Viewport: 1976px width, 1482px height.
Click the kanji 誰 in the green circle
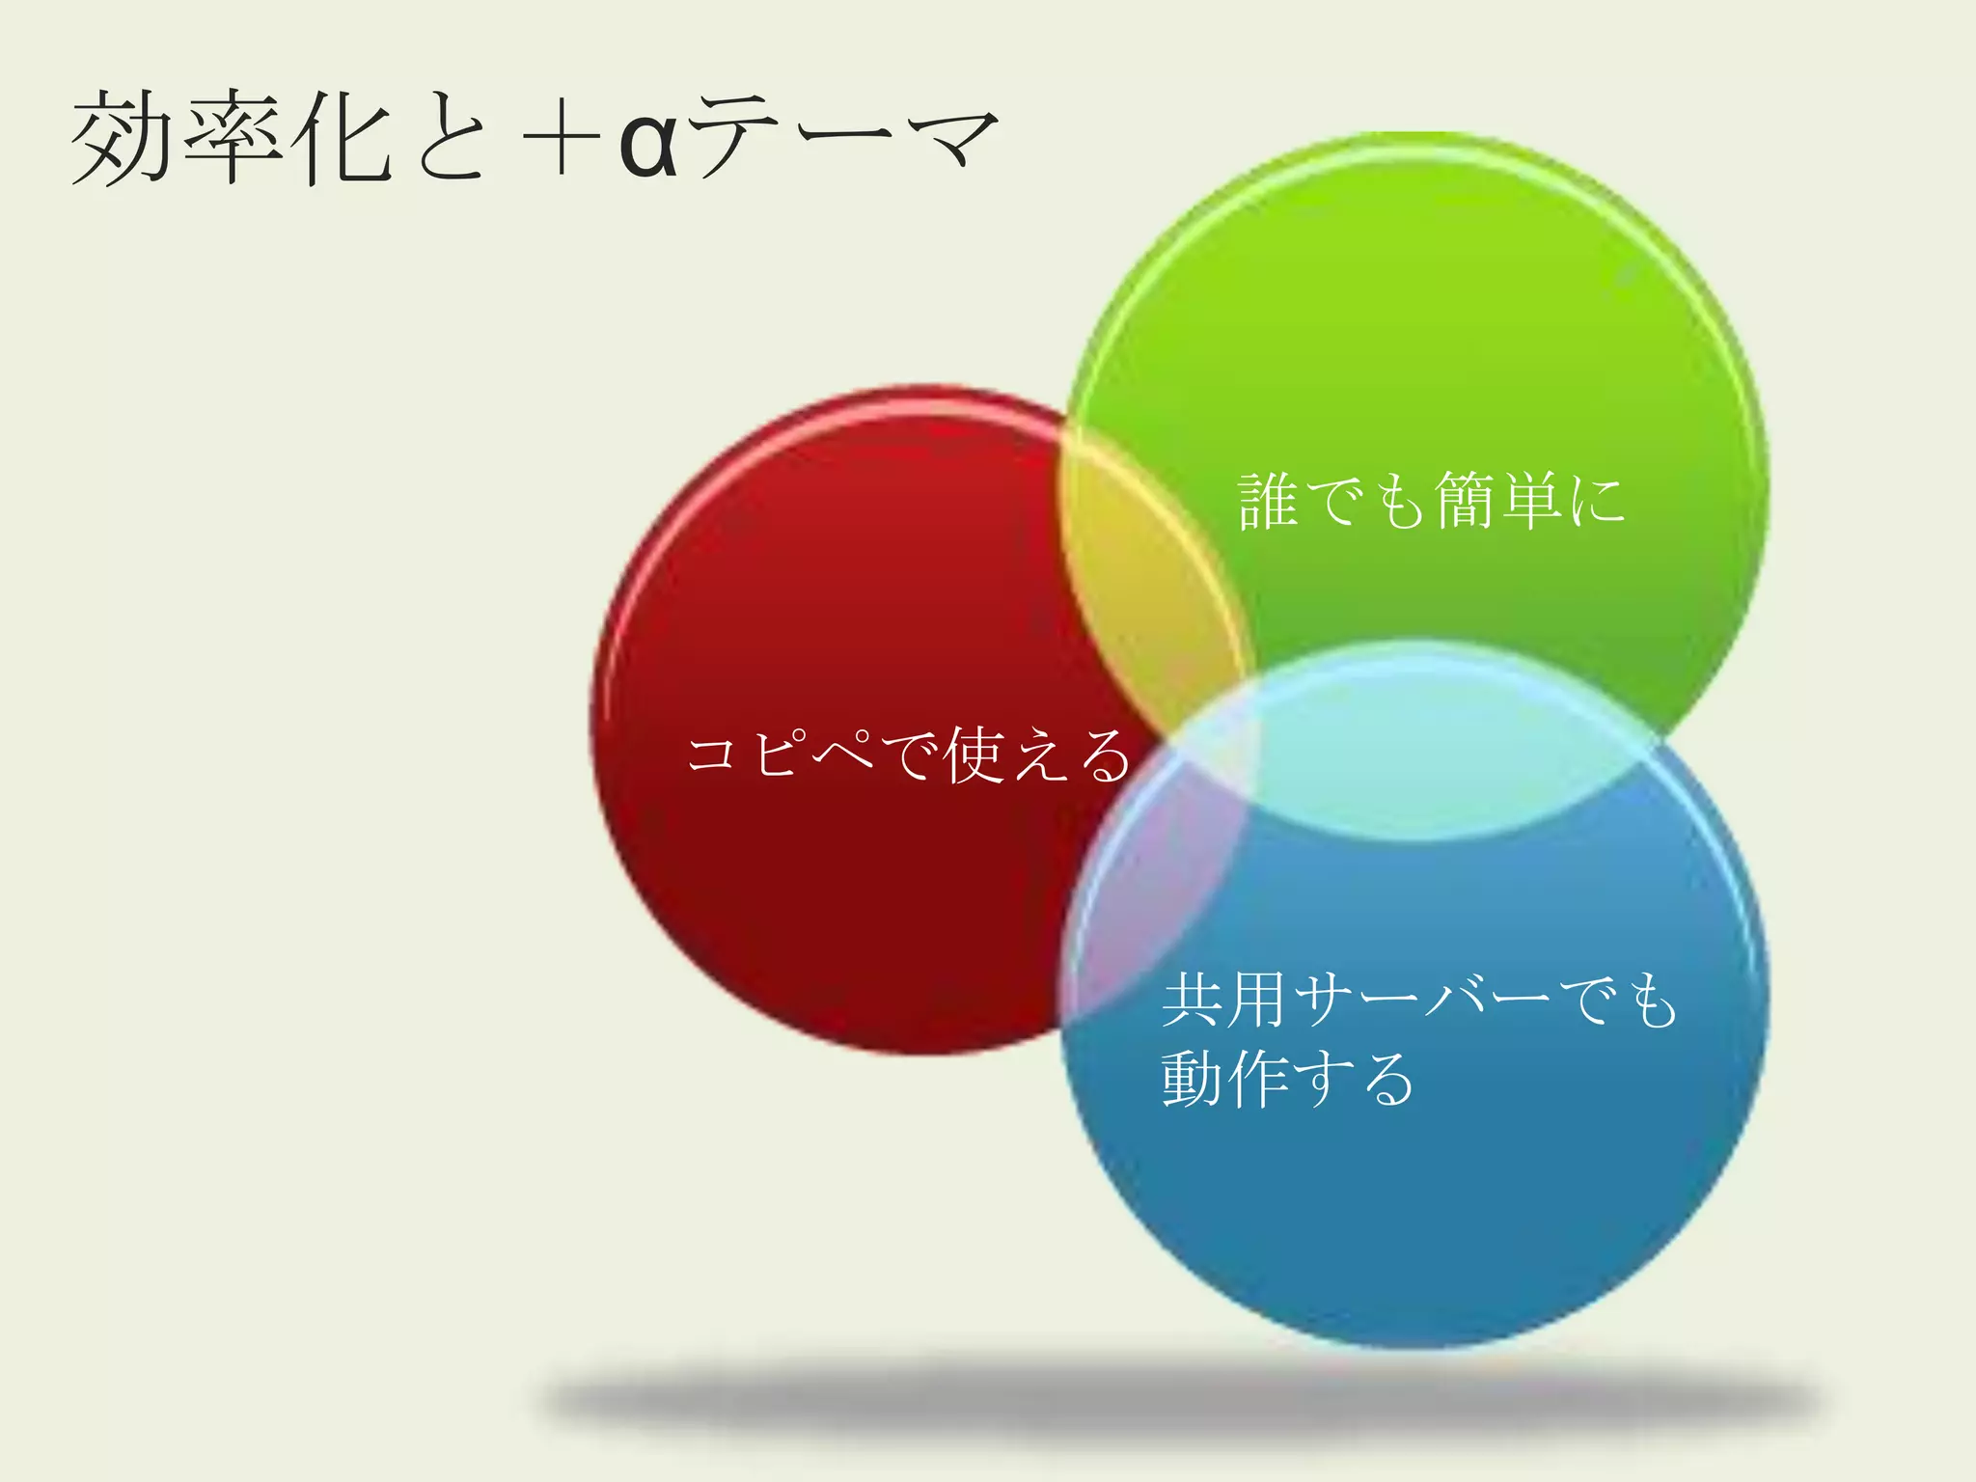coord(1268,501)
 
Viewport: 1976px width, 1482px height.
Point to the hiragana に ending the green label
coord(1597,503)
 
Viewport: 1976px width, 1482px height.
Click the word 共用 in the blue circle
coord(1226,1001)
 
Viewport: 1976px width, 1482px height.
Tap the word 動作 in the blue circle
coord(1224,1079)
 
